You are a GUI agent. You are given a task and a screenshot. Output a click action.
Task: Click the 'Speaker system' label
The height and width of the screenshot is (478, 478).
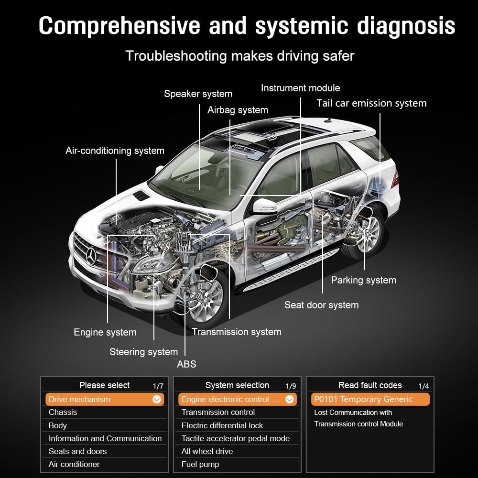[x=198, y=94]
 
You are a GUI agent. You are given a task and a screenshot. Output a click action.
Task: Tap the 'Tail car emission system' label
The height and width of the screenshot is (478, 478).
[x=371, y=103]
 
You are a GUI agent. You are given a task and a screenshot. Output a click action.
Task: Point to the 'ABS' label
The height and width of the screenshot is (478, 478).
[x=186, y=364]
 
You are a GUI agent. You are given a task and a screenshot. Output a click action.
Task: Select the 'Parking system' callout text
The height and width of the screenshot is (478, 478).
[x=363, y=280]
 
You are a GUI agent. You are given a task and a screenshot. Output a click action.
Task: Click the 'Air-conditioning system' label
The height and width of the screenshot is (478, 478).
[x=115, y=151]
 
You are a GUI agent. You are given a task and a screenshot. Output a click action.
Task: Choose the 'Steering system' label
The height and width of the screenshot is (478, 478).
[x=143, y=352]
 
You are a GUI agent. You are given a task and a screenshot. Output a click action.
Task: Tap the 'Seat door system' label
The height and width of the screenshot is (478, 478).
[x=321, y=305]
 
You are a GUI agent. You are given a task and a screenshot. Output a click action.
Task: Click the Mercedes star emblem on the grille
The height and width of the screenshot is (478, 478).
[x=91, y=258]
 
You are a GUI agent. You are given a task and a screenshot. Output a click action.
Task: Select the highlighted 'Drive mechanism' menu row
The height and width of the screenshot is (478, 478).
[x=104, y=399]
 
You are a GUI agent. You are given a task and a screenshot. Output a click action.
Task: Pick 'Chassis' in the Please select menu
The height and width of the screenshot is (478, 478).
[x=63, y=412]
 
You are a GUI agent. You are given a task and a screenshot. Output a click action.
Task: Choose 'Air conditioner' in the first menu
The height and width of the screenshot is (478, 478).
[x=74, y=464]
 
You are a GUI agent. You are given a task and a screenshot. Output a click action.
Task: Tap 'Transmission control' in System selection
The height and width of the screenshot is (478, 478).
[x=218, y=412]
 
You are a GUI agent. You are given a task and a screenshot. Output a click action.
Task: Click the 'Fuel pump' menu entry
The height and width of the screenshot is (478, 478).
[x=200, y=464]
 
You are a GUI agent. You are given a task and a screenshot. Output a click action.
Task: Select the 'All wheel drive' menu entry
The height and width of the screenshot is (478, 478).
[x=207, y=451]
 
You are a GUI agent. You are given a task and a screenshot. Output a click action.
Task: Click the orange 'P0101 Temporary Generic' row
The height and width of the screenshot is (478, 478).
[x=370, y=399]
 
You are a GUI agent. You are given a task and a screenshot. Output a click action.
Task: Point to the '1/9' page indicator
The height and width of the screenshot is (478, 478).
[x=291, y=386]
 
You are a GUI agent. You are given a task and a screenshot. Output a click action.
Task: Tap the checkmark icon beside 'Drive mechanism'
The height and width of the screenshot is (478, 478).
[x=157, y=400]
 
